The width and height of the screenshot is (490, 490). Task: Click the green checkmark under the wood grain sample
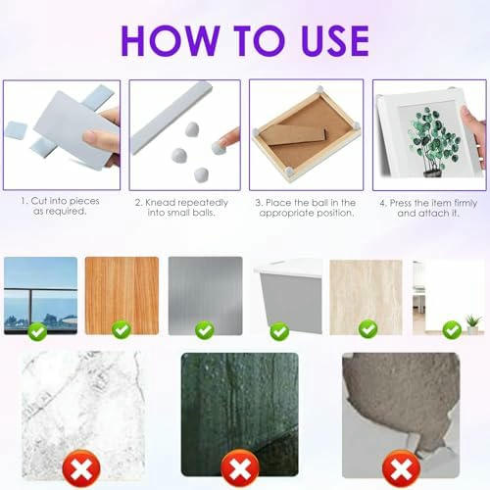coord(121,331)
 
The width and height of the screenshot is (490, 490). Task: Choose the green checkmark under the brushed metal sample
coord(205,331)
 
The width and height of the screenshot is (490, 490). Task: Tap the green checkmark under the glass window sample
coord(36,331)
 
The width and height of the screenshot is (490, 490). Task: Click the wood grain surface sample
coord(122,289)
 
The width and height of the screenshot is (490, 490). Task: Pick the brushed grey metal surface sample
coord(205,289)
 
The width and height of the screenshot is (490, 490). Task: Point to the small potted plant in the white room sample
coord(473,321)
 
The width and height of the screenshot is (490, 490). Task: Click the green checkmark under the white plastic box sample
coord(285,331)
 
